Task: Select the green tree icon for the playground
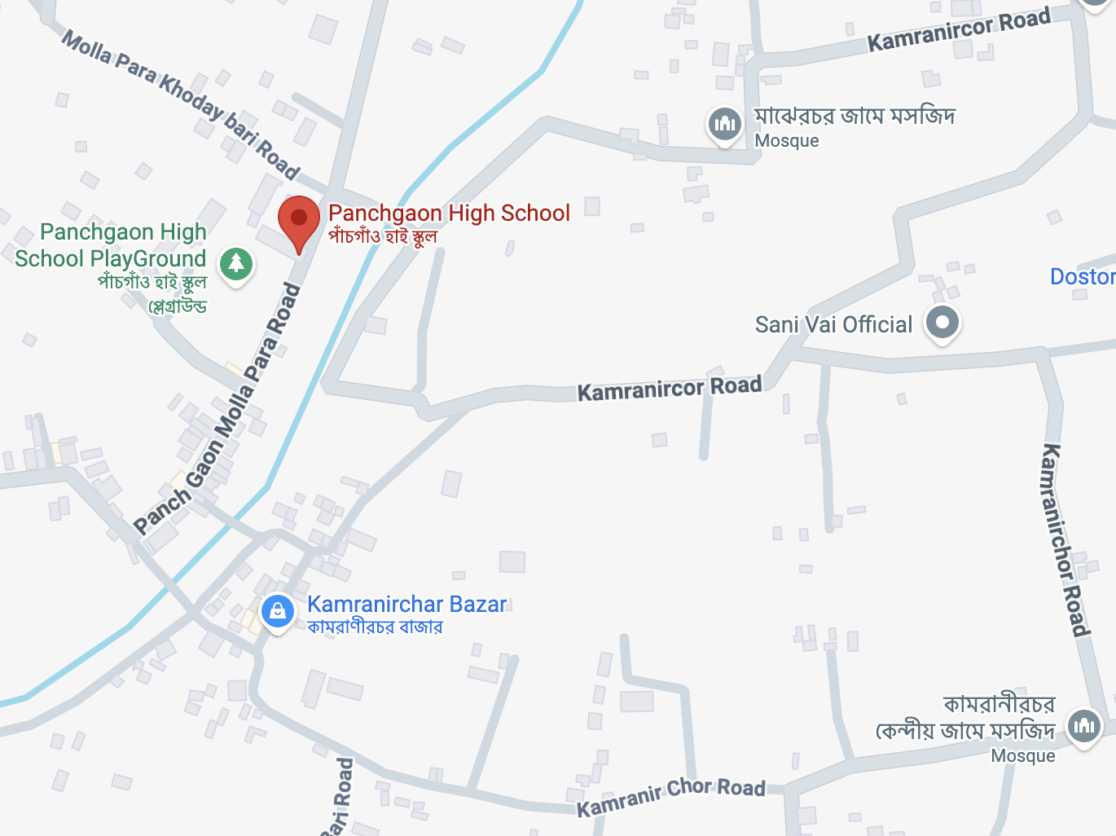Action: [236, 263]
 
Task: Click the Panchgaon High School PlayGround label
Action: [111, 246]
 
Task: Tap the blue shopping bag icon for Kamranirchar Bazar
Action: [277, 610]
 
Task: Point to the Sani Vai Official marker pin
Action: [942, 322]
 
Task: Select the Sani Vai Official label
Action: [833, 325]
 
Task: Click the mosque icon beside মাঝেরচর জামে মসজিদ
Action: [724, 124]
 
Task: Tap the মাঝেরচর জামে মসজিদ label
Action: [855, 117]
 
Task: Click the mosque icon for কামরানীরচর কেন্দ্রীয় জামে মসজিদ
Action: [1084, 724]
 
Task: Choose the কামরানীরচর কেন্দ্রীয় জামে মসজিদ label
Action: [966, 717]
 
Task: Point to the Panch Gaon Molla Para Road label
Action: [217, 409]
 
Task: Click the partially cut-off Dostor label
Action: [1083, 277]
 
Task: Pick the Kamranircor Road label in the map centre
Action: [670, 389]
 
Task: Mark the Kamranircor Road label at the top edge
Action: [959, 31]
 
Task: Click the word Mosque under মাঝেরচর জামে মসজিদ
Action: [787, 141]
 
